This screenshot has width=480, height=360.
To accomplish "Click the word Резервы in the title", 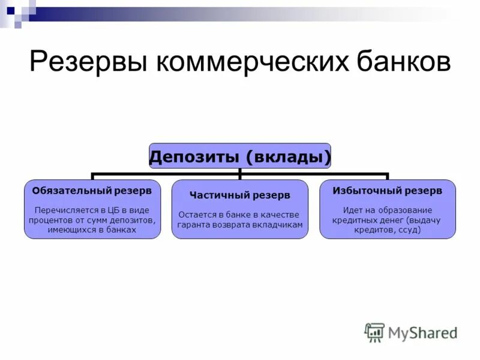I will pos(85,62).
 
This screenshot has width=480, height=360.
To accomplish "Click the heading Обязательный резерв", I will pos(92,190).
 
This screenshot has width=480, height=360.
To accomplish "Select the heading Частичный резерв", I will pos(239,195).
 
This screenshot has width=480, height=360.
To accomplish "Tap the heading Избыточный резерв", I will pos(388,190).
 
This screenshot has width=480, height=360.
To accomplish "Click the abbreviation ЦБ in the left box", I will pos(113,210).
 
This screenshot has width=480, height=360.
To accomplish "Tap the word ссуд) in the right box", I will pos(408,229).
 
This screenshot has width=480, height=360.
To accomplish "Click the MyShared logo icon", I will pos(374,332).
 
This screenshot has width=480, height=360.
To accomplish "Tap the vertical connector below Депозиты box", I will pos(240,174).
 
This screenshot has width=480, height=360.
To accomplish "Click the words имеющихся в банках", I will pos(92,229).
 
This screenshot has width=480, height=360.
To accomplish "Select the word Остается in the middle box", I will pos(196,215).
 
